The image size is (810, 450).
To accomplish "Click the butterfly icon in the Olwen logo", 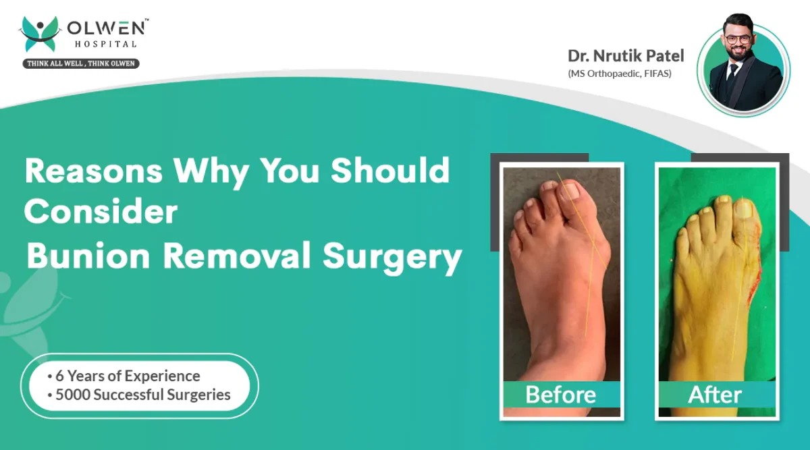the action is coord(40,34).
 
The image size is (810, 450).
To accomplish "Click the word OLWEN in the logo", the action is coord(107,28).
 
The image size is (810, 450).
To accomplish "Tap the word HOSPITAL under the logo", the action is coord(105,44).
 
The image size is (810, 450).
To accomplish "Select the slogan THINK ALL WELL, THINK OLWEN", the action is coord(81,63).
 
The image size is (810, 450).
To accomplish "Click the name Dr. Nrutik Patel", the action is coord(626,56).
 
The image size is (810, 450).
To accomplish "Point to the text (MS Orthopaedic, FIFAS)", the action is coord(620,74).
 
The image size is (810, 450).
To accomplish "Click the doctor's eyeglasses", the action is coord(738,39).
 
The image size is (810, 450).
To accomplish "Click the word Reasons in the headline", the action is coord(94,171).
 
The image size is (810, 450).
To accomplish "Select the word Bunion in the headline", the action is coord(88,256).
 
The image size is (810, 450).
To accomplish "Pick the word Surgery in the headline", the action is coord(392,257).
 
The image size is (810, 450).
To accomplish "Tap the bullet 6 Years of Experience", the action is coord(124,376).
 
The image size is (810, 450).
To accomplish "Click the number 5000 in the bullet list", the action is coord(73,395).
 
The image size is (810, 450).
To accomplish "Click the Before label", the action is coord(561,394).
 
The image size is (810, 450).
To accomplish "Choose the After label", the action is coord(715,395).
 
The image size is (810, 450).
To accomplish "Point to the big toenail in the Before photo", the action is coord(570,192).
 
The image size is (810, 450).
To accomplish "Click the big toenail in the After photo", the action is coord(742,208).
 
